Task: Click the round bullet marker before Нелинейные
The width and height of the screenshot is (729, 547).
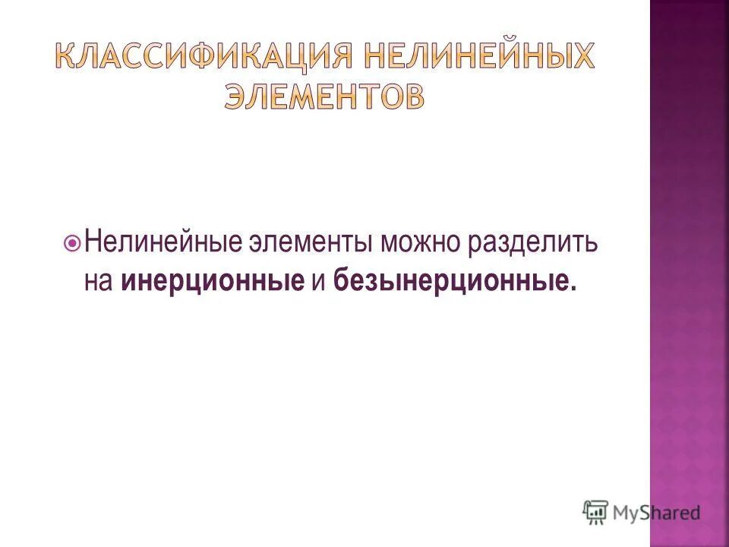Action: coord(73,244)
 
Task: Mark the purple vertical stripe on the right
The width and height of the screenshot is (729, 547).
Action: coord(689,273)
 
